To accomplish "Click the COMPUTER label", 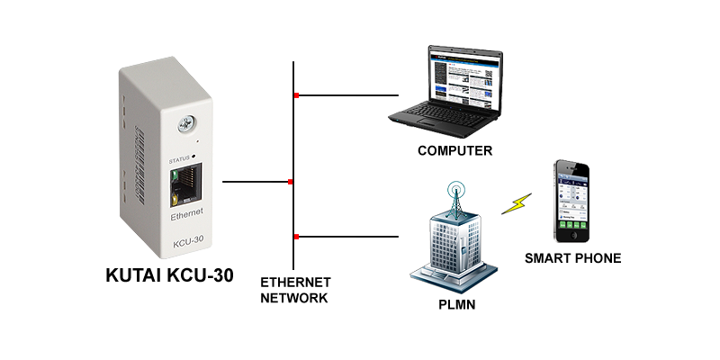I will (x=455, y=150).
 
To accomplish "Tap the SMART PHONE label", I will (x=573, y=258).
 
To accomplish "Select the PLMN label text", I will (x=455, y=305).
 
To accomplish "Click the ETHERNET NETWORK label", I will (x=295, y=290).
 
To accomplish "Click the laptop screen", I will (x=460, y=75).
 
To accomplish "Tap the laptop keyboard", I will (x=441, y=114).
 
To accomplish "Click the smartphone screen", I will (x=572, y=202).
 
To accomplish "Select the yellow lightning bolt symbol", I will (x=517, y=202).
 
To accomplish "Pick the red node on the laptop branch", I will (x=295, y=94).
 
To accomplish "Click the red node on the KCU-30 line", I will (x=290, y=182).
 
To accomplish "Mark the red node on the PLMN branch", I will (x=295, y=237).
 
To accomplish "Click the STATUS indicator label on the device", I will (x=180, y=157).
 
